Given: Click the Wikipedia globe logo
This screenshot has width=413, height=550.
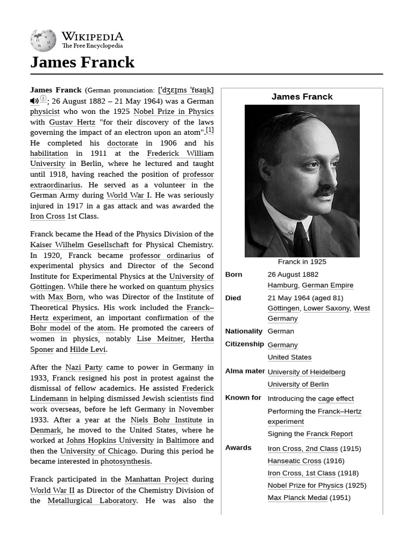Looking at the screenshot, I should (43, 40).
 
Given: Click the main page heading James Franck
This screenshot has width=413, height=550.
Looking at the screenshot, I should (82, 62).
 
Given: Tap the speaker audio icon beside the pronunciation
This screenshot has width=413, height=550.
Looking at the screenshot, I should (34, 101).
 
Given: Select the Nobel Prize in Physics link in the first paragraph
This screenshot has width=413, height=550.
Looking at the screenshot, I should (173, 112).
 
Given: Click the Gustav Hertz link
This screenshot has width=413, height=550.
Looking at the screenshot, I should (72, 122).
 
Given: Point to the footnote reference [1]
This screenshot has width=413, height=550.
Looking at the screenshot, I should (210, 130).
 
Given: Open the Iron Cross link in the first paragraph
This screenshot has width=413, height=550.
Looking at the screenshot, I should (47, 216).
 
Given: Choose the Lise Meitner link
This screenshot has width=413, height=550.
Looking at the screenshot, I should (160, 339).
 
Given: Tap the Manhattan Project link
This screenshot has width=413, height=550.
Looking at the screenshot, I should (156, 479).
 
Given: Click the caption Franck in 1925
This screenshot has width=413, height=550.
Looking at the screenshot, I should (302, 262).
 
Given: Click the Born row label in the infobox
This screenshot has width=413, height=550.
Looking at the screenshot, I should (233, 274).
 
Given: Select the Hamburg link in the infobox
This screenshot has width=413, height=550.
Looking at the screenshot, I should (282, 285).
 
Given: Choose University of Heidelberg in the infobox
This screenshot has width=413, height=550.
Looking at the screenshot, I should (307, 372).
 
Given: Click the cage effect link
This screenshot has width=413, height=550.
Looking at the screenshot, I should (336, 399).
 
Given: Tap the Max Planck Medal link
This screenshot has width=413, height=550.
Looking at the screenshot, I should (298, 497).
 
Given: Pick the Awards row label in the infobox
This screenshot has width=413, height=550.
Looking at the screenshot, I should (238, 447).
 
